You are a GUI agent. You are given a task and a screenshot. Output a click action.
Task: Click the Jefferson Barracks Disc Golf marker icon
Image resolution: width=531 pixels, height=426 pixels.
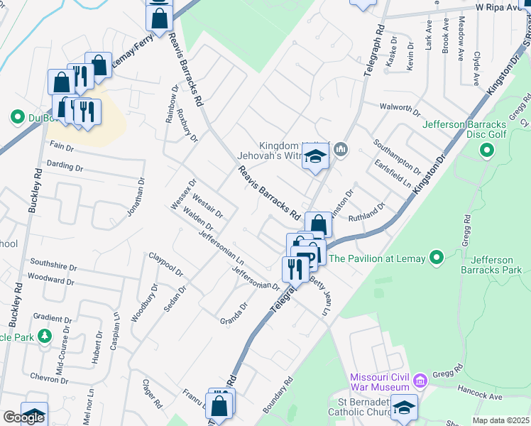point(486,150)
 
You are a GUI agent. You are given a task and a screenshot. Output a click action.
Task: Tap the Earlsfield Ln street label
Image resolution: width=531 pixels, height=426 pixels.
point(393,173)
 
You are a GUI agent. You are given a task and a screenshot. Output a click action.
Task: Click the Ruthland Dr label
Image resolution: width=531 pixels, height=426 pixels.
point(366,210)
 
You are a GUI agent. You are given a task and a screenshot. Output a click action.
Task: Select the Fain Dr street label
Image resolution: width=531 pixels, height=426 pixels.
point(62,146)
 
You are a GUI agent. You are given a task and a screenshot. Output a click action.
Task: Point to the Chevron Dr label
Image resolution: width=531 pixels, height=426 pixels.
point(48,378)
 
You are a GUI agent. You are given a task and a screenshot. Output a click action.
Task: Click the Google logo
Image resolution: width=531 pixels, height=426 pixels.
point(23,417)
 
